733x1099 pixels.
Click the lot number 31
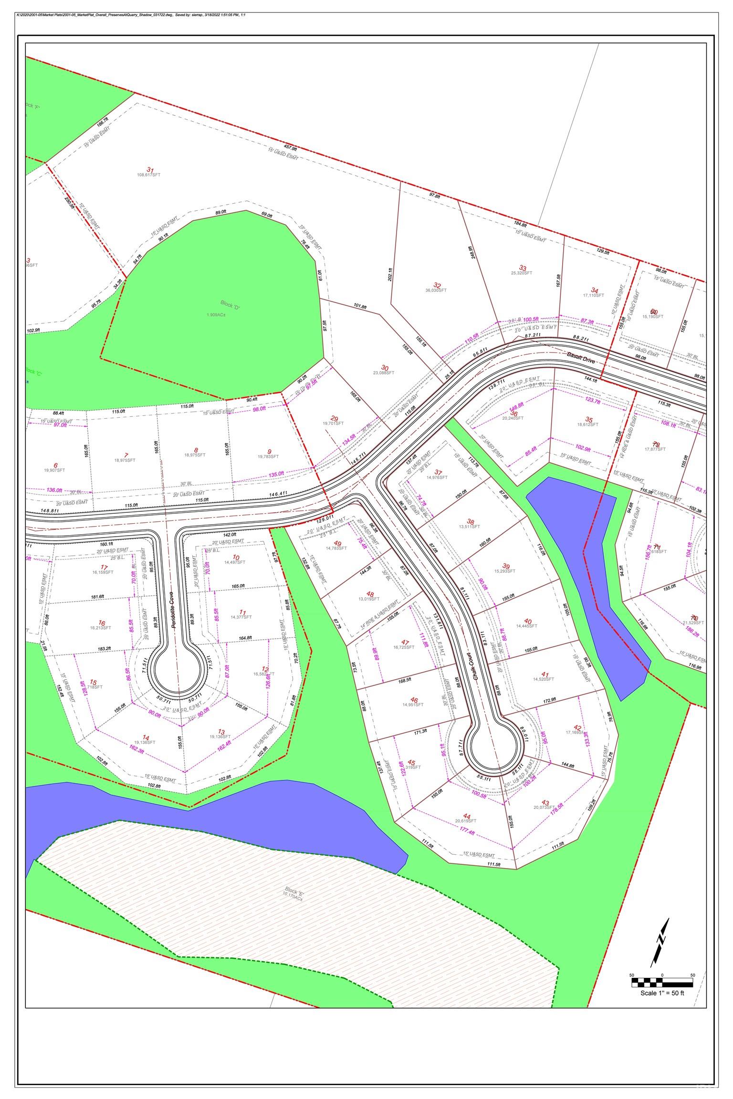pos(150,170)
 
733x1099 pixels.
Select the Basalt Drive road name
pos(581,358)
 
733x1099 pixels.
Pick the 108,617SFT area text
pos(149,175)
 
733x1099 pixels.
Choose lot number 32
pos(436,285)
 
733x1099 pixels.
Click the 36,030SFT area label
pos(436,290)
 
